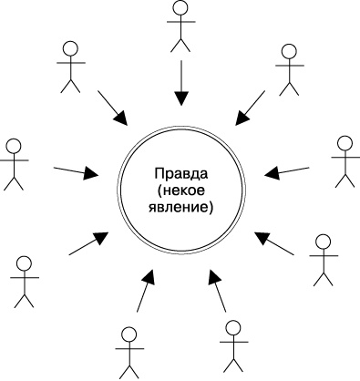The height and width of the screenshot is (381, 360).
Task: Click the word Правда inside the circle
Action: click(x=180, y=173)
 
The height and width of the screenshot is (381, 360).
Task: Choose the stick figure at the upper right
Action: click(x=289, y=69)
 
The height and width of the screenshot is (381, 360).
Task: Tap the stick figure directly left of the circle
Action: click(x=13, y=164)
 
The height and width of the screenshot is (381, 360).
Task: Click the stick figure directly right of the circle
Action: click(x=344, y=161)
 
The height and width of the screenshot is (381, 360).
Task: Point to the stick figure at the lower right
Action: click(x=322, y=259)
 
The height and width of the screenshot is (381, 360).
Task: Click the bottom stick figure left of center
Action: click(x=127, y=350)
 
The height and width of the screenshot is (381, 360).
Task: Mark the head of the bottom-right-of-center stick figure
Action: click(x=232, y=327)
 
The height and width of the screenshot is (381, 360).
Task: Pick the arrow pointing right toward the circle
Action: click(x=76, y=170)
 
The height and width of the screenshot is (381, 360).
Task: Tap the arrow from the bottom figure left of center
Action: click(x=147, y=290)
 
